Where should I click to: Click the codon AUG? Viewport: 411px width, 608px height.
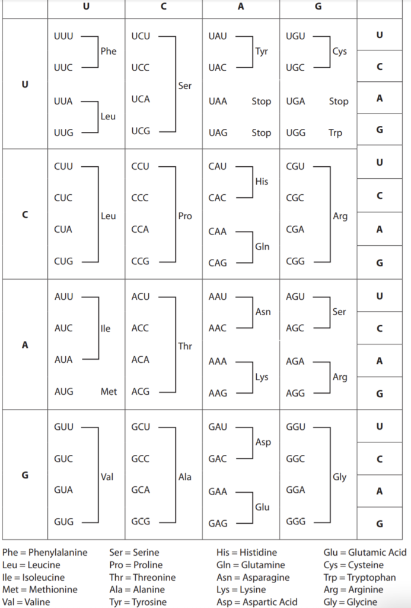tap(63, 392)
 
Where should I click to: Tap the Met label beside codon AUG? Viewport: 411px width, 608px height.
tap(109, 392)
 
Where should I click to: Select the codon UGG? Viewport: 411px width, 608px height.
tap(295, 133)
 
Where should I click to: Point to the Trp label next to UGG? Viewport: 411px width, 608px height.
tap(335, 133)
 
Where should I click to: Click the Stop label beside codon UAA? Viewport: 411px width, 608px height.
tap(261, 102)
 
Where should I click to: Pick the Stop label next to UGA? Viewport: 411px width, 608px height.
tap(339, 102)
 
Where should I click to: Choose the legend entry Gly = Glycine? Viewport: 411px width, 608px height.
tap(350, 602)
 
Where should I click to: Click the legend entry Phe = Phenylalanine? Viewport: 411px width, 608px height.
tap(44, 553)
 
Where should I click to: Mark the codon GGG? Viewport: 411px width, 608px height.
tap(295, 522)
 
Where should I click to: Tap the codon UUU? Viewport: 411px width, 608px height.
tap(63, 36)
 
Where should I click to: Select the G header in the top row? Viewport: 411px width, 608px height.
tap(318, 7)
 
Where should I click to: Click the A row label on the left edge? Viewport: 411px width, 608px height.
tap(24, 344)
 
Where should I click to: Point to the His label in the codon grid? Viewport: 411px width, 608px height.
tap(262, 182)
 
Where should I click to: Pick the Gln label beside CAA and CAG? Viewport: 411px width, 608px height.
tap(262, 246)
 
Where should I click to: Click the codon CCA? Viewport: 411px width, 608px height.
tap(141, 229)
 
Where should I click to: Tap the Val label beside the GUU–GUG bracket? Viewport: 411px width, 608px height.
tap(107, 477)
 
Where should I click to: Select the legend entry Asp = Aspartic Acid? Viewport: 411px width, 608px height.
tap(257, 602)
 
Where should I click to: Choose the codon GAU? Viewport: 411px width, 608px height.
tap(218, 427)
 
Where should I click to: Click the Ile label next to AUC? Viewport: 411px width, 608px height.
tap(106, 328)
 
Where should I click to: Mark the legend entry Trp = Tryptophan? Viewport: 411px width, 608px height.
tap(359, 577)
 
